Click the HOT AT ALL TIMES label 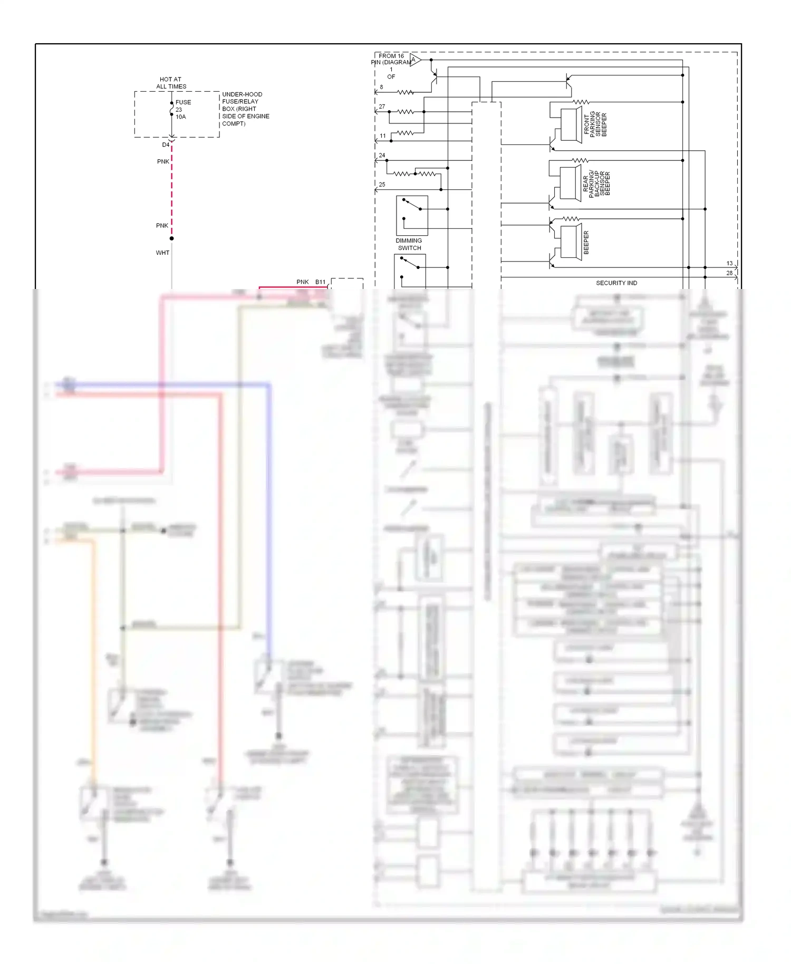(171, 83)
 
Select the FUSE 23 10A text (182, 110)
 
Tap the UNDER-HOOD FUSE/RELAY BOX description (245, 109)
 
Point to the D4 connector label (166, 144)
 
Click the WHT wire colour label (162, 253)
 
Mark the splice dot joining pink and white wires (171, 238)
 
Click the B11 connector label (320, 282)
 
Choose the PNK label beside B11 (302, 282)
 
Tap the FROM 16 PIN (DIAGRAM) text (391, 59)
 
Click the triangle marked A (414, 60)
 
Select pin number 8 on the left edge (381, 87)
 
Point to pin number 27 (382, 107)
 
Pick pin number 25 (382, 185)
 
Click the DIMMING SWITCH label (409, 244)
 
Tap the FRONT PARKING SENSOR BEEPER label (595, 124)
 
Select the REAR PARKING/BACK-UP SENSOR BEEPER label (596, 183)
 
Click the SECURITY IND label (616, 283)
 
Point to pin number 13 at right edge (729, 263)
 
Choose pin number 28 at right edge (729, 273)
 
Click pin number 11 (383, 136)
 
